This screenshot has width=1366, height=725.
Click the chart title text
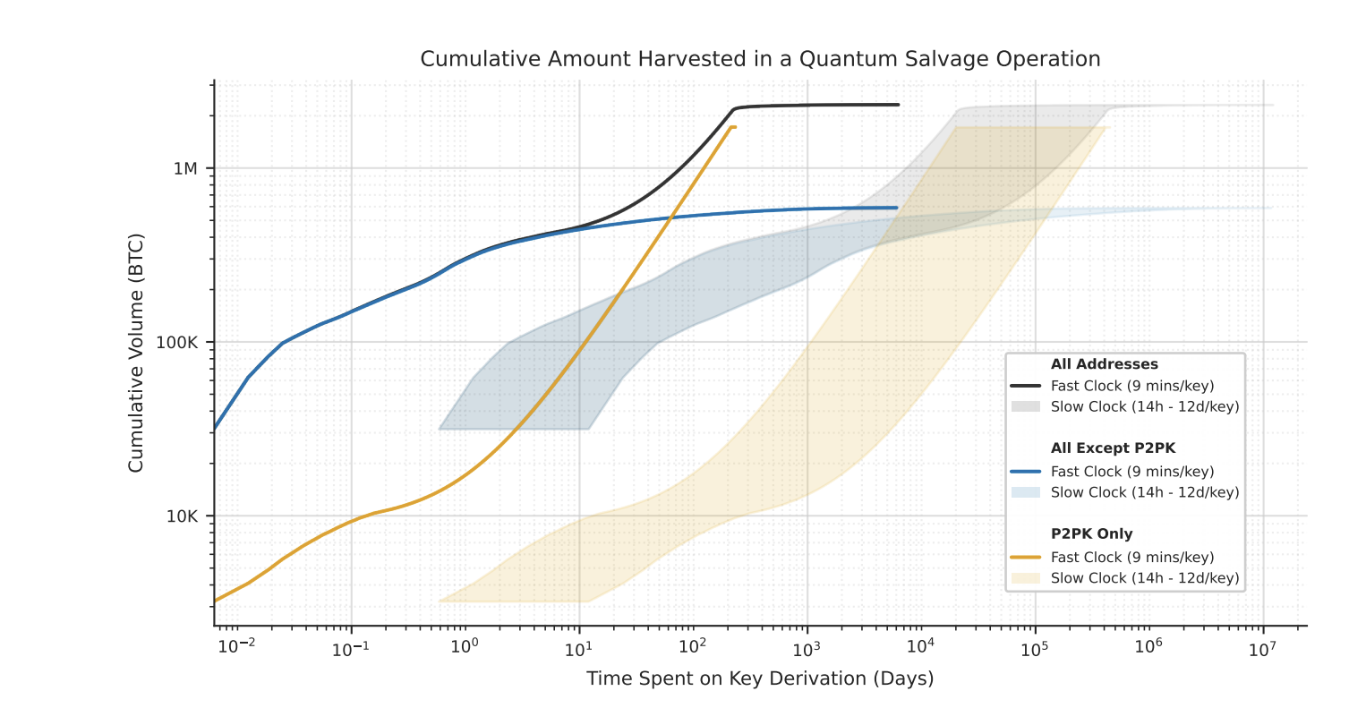(760, 59)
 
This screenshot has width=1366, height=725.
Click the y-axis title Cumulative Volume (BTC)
(136, 353)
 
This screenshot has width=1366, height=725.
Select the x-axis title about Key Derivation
(760, 678)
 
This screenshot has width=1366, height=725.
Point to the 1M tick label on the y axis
(185, 169)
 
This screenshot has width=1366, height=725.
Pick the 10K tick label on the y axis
(183, 516)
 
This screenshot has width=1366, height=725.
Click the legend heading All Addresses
(1104, 364)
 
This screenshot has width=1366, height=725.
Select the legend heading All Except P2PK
(1113, 448)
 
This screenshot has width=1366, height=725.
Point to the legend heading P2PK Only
(1091, 534)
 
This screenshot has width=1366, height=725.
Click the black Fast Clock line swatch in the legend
(1026, 386)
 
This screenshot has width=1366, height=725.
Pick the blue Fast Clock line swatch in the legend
(1026, 472)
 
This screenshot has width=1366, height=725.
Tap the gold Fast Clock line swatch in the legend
(1026, 557)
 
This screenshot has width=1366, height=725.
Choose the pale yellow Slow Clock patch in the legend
(1026, 578)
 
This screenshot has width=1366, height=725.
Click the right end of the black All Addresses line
(898, 105)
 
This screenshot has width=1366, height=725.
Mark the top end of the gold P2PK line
(734, 127)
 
